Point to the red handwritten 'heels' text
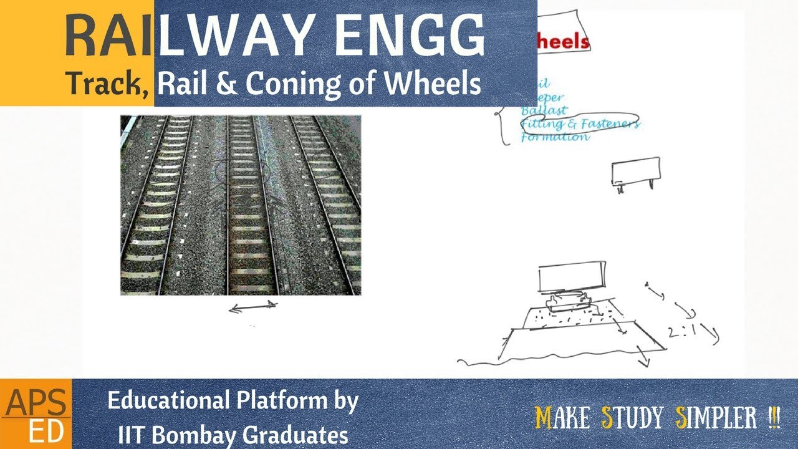pyautogui.click(x=563, y=42)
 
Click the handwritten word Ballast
pyautogui.click(x=544, y=110)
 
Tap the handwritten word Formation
pyautogui.click(x=554, y=137)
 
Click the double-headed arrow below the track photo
pyautogui.click(x=252, y=306)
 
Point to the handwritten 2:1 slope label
pyautogui.click(x=682, y=332)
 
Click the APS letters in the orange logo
pyautogui.click(x=35, y=405)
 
